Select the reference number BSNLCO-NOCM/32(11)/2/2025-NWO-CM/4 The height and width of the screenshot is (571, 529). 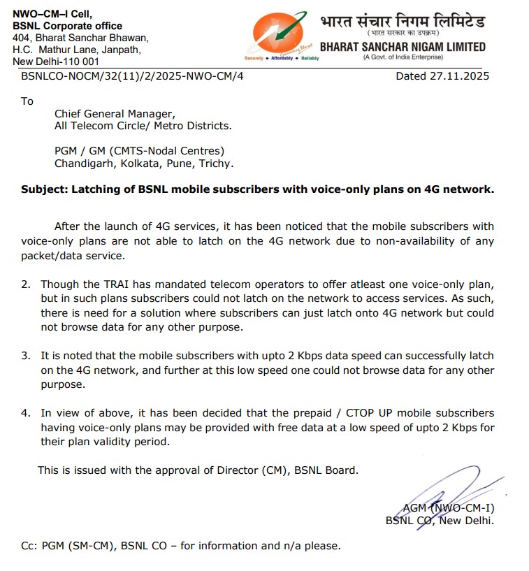point(133,76)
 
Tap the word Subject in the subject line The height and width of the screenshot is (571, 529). point(42,189)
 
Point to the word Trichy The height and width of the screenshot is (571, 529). point(217,164)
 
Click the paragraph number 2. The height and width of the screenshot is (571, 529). point(25,284)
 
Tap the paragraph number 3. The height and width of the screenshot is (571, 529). point(25,356)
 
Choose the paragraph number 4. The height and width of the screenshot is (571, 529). point(25,413)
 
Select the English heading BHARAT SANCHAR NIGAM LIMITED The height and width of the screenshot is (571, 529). point(402,47)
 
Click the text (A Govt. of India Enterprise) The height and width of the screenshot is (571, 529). point(402,57)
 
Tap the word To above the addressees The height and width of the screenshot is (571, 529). point(27,101)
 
